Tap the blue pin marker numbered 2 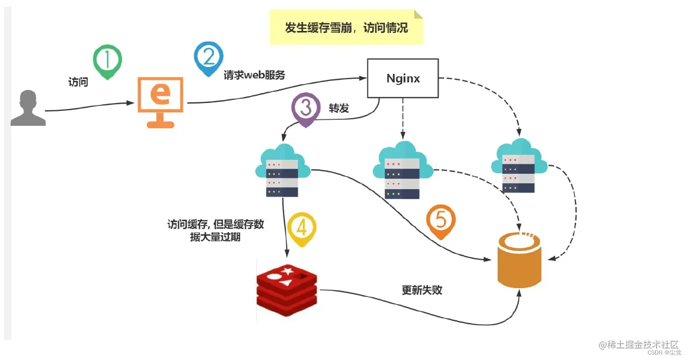tap(208, 57)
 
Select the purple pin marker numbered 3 tap(306, 108)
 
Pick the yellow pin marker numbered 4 tap(301, 229)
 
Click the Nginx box tap(403, 78)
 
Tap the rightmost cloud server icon tap(519, 167)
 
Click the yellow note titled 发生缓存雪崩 tap(346, 27)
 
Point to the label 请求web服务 tap(254, 75)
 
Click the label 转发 tap(339, 108)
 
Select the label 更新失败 tap(422, 290)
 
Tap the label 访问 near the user tap(78, 82)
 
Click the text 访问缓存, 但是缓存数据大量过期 tap(215, 231)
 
